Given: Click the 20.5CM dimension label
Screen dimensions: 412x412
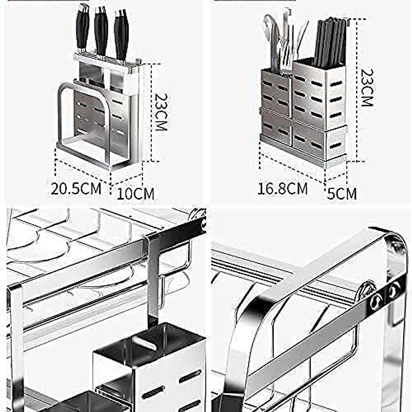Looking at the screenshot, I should [76, 188].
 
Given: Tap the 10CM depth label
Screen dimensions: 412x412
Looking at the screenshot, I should [136, 193].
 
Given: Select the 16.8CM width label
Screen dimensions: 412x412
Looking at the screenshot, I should [283, 188].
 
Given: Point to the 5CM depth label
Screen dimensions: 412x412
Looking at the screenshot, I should [341, 193].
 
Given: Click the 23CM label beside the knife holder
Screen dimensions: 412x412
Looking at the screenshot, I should [160, 112].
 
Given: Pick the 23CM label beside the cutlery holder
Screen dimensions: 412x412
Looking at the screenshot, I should [367, 88].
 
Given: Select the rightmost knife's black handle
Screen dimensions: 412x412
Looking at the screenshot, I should [121, 34].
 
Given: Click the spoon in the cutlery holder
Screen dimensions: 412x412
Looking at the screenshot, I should [270, 34].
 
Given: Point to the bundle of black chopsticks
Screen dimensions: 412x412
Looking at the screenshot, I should [330, 41].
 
